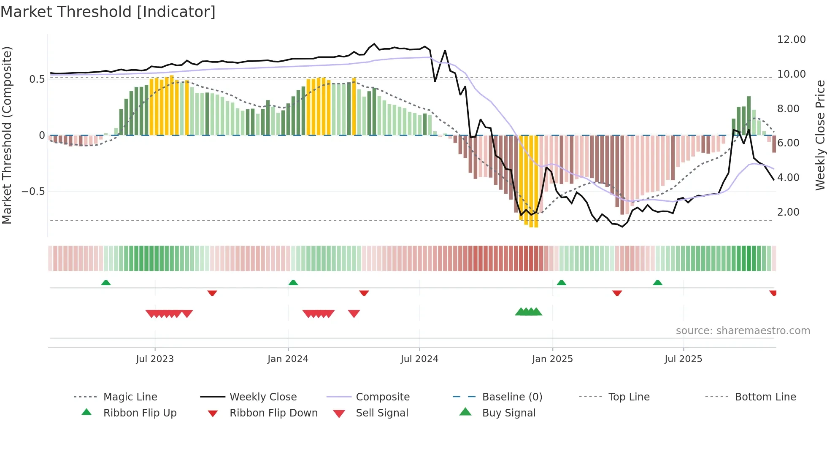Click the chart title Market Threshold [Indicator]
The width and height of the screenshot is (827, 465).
click(108, 12)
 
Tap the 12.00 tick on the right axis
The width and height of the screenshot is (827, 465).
click(791, 40)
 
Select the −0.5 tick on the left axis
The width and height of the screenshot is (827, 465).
click(33, 192)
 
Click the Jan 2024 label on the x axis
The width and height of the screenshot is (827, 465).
click(288, 359)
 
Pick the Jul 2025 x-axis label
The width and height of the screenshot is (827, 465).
click(683, 359)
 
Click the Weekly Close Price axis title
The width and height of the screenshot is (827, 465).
click(820, 135)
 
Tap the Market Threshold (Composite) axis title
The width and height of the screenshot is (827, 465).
click(7, 135)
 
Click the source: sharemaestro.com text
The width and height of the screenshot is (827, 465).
click(743, 331)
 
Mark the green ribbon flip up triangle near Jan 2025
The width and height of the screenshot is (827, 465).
click(561, 283)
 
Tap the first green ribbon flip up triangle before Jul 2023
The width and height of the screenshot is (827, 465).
click(106, 283)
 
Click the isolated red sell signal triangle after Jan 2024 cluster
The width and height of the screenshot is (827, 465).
click(354, 314)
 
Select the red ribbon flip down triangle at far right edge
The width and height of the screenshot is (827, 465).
click(773, 293)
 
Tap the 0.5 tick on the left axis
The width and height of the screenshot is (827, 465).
click(37, 79)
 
